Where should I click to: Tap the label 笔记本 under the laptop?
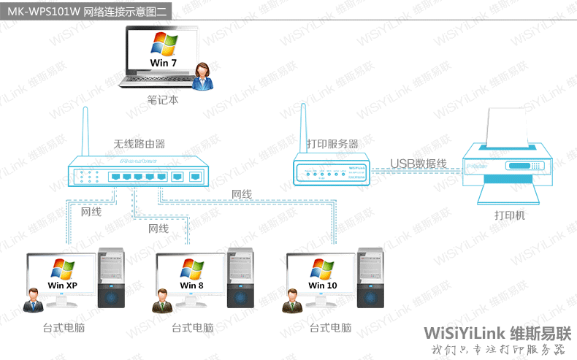tap(162, 99)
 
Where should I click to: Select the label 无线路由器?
tap(139, 144)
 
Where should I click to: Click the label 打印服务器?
tap(332, 144)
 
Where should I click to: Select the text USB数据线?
tap(418, 163)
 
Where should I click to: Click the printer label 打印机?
tap(509, 216)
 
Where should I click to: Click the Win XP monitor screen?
tap(62, 275)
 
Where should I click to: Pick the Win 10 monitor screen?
tap(322, 275)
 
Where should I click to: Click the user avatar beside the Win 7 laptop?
tap(205, 75)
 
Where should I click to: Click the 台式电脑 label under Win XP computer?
tap(64, 329)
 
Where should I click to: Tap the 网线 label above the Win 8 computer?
tap(158, 229)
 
